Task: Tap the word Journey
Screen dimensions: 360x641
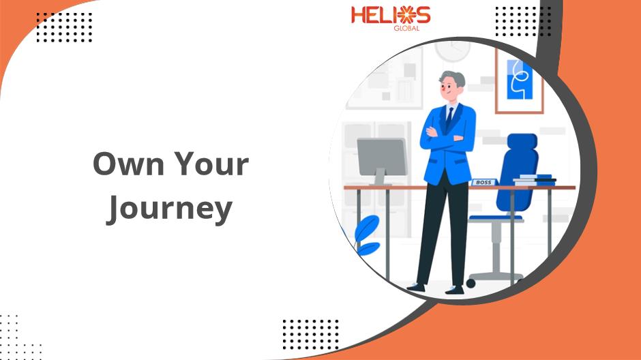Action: click(169, 209)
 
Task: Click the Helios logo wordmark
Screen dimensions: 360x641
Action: click(391, 15)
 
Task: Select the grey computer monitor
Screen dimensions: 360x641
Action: click(382, 157)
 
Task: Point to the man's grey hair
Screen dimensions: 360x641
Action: click(452, 78)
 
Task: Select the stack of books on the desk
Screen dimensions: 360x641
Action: click(534, 180)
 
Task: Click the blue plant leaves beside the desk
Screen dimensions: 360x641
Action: click(368, 236)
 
